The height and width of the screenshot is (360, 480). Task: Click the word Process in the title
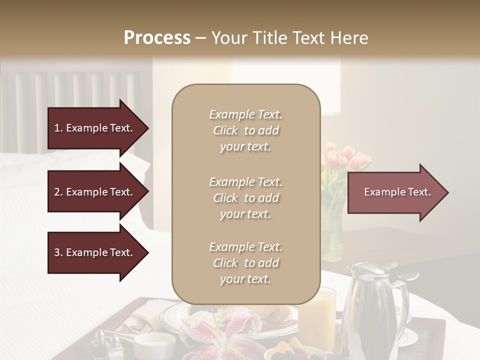pyautogui.click(x=156, y=38)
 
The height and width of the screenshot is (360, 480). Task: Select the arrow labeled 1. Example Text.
pyautogui.click(x=95, y=128)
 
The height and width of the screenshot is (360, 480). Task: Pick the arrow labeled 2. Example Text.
pyautogui.click(x=95, y=192)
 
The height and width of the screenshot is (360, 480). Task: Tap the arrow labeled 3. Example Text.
pyautogui.click(x=95, y=252)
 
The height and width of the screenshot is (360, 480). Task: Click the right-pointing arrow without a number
pyautogui.click(x=395, y=192)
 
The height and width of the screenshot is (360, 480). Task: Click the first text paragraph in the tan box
pyautogui.click(x=245, y=130)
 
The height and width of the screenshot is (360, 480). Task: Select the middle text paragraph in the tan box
pyautogui.click(x=245, y=198)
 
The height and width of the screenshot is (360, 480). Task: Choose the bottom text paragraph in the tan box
pyautogui.click(x=245, y=263)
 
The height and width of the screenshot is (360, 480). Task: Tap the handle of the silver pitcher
pyautogui.click(x=403, y=305)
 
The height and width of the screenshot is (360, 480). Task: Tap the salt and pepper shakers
pyautogui.click(x=107, y=345)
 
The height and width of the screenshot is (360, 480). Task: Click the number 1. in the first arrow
pyautogui.click(x=58, y=128)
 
